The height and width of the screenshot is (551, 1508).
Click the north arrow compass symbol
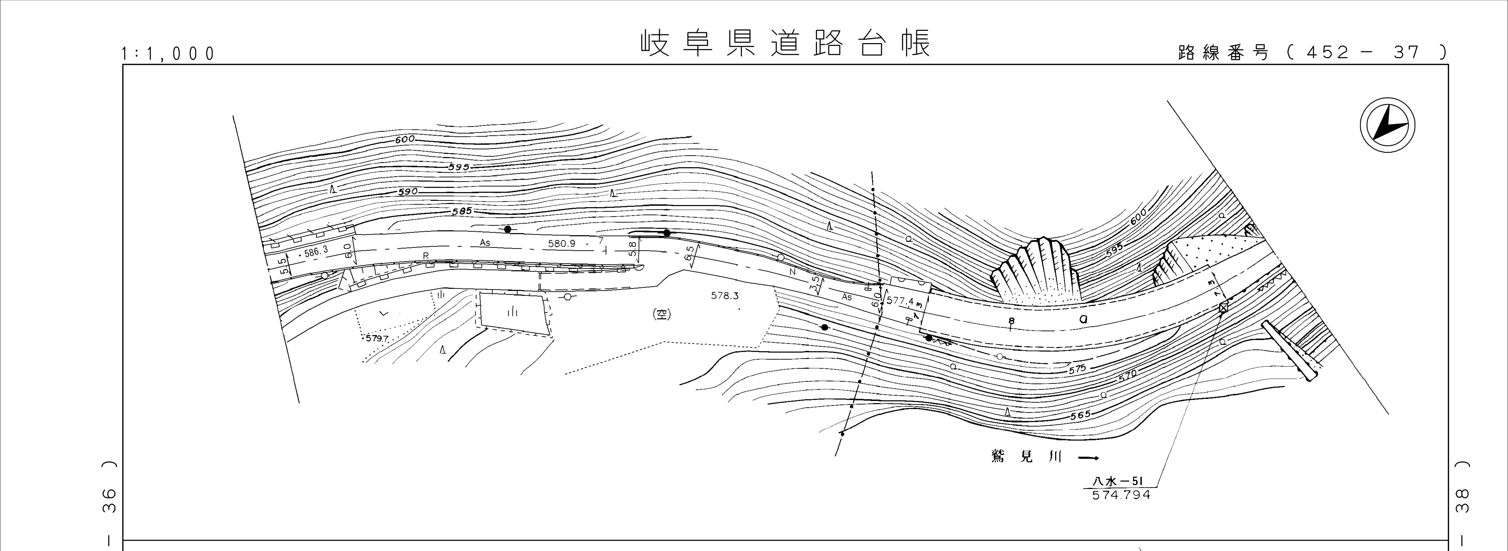pos(1387,126)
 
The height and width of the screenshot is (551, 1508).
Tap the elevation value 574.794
pos(1121,495)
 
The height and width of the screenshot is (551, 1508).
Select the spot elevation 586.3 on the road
pos(316,252)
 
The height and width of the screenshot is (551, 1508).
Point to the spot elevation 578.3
pos(725,296)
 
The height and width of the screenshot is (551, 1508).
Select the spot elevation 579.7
pos(377,338)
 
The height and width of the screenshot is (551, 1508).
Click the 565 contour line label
pos(1080,415)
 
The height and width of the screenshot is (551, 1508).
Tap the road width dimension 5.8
pos(632,249)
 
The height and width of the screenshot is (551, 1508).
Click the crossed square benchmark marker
pos(1223,307)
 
